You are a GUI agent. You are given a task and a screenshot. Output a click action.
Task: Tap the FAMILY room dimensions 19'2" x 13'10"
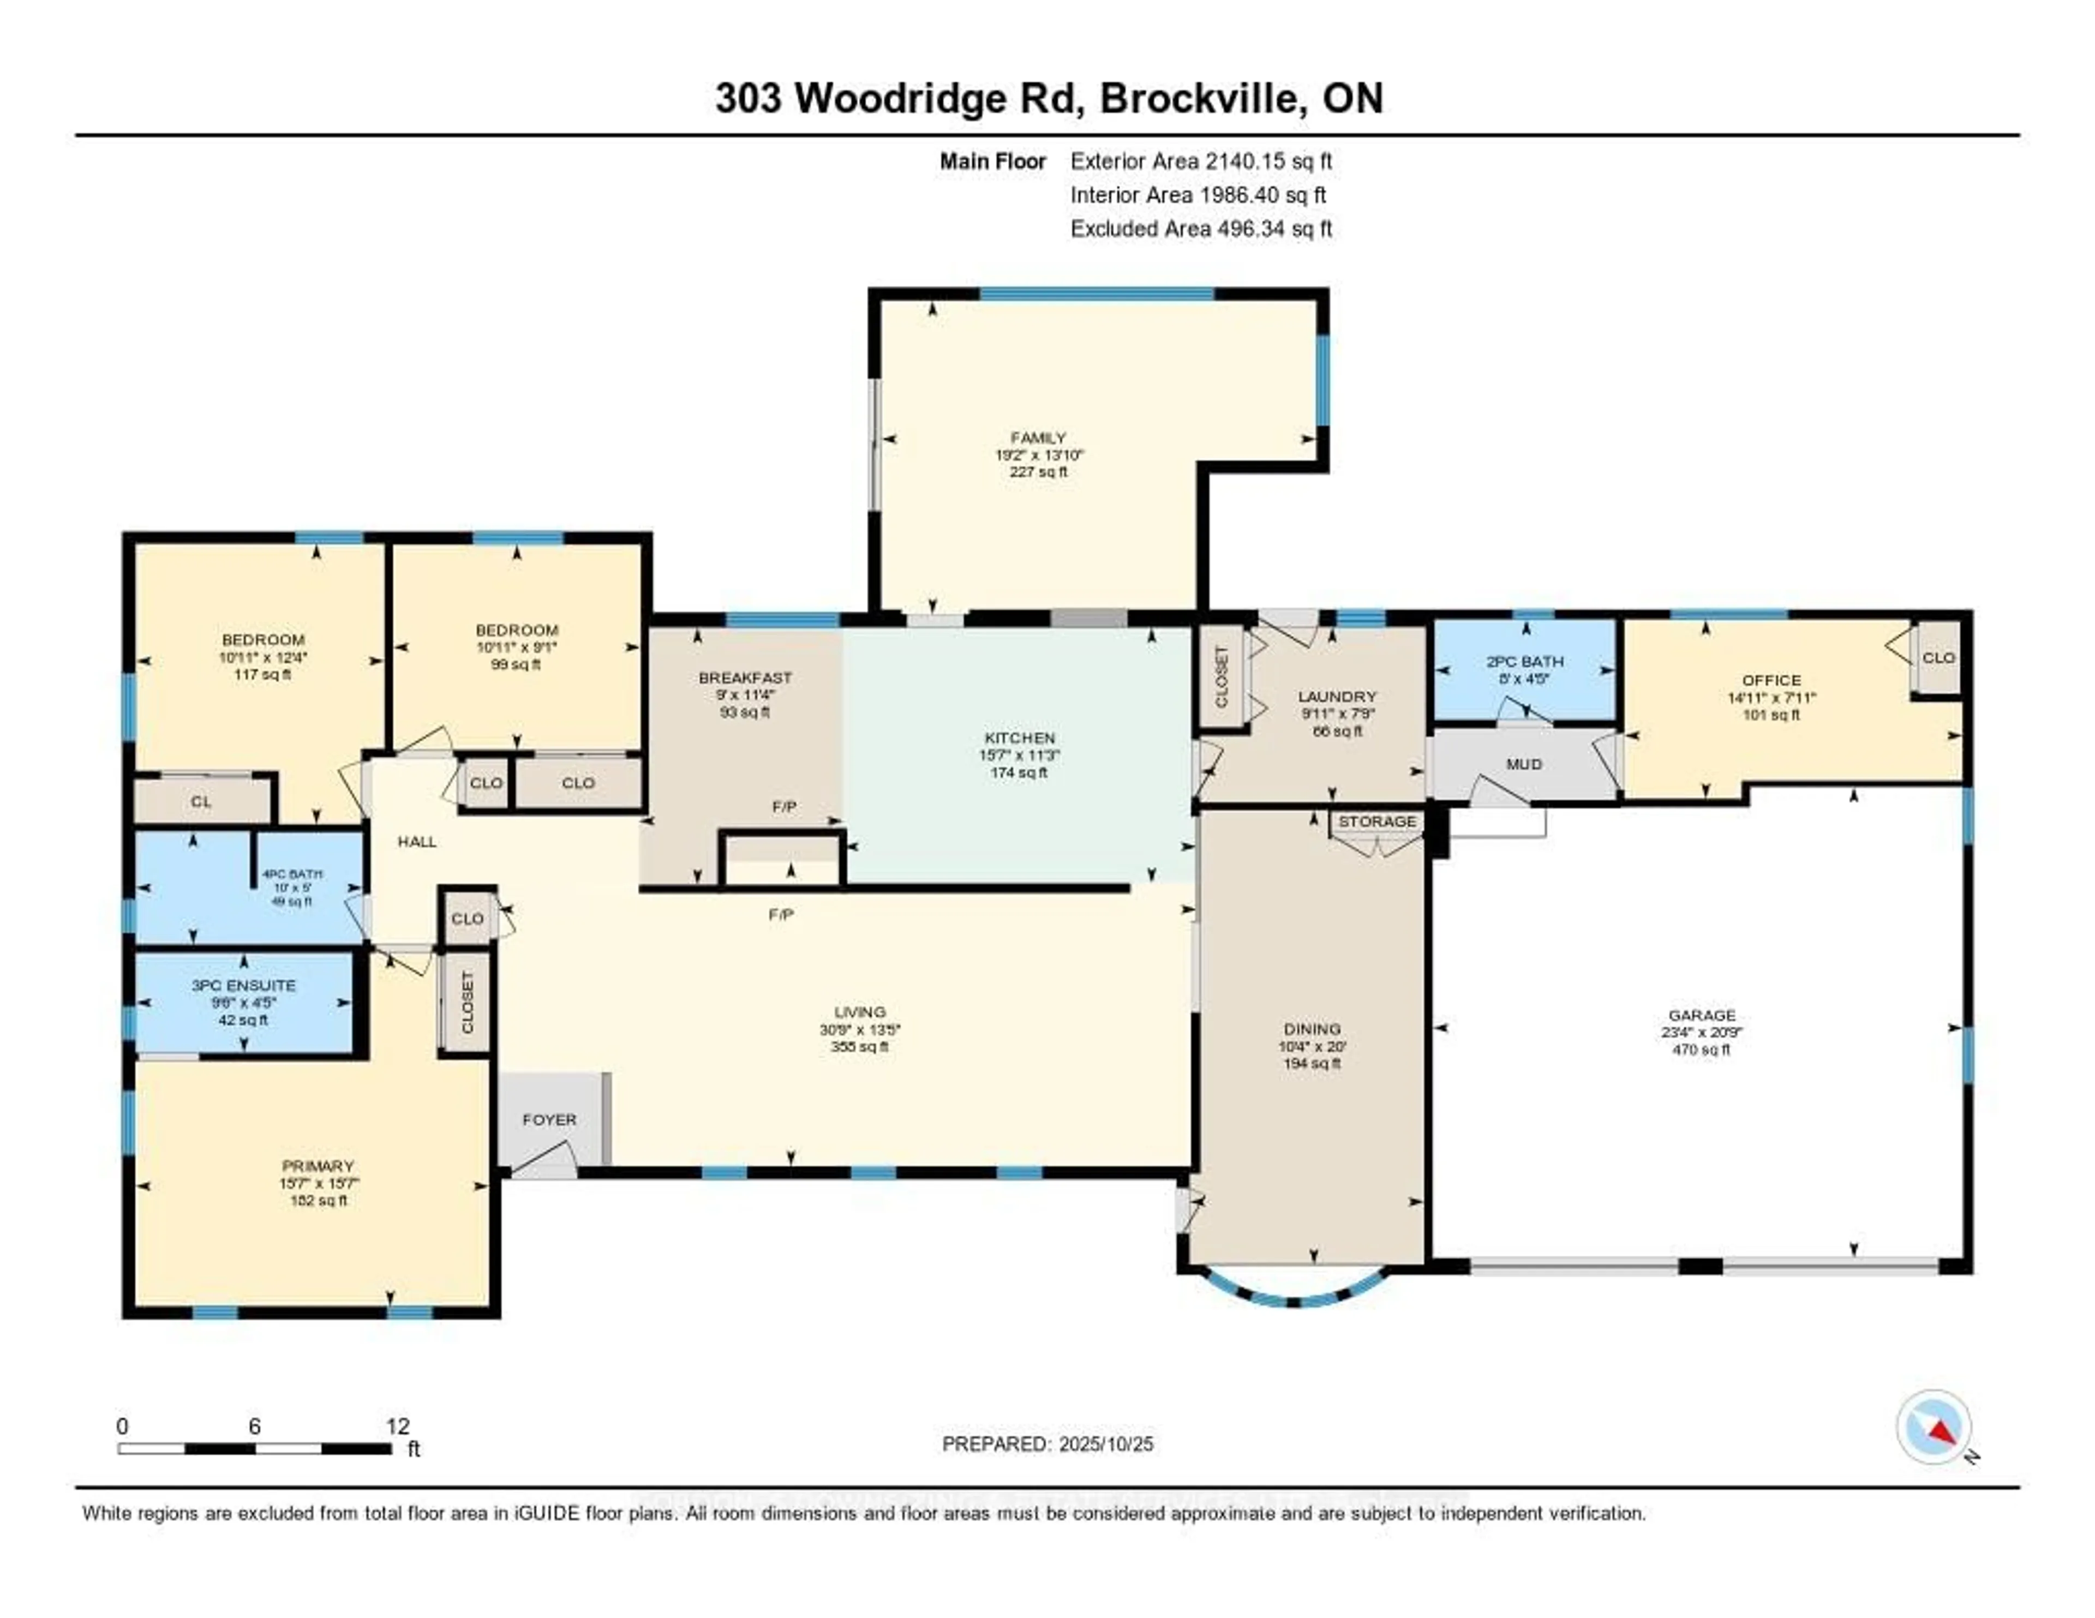pos(1039,454)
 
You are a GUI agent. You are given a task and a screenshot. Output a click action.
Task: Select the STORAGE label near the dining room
pos(1376,821)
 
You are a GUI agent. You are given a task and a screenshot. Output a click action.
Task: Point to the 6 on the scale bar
pos(254,1426)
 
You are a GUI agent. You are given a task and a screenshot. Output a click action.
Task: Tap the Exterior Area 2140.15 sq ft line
pos(1201,161)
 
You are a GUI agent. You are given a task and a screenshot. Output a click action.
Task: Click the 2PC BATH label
pos(1524,661)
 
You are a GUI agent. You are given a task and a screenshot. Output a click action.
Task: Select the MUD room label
pos(1523,764)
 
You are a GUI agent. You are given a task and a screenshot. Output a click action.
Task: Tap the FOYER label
pos(549,1119)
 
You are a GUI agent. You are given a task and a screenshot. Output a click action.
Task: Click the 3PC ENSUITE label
pos(244,985)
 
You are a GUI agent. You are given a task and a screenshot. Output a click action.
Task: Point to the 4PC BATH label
pos(292,874)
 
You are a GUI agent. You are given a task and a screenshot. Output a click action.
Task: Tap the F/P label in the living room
pos(781,915)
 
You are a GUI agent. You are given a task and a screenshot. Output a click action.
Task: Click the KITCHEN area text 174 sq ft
pos(1019,772)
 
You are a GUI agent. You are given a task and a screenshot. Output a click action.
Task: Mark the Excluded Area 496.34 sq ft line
pos(1201,228)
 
